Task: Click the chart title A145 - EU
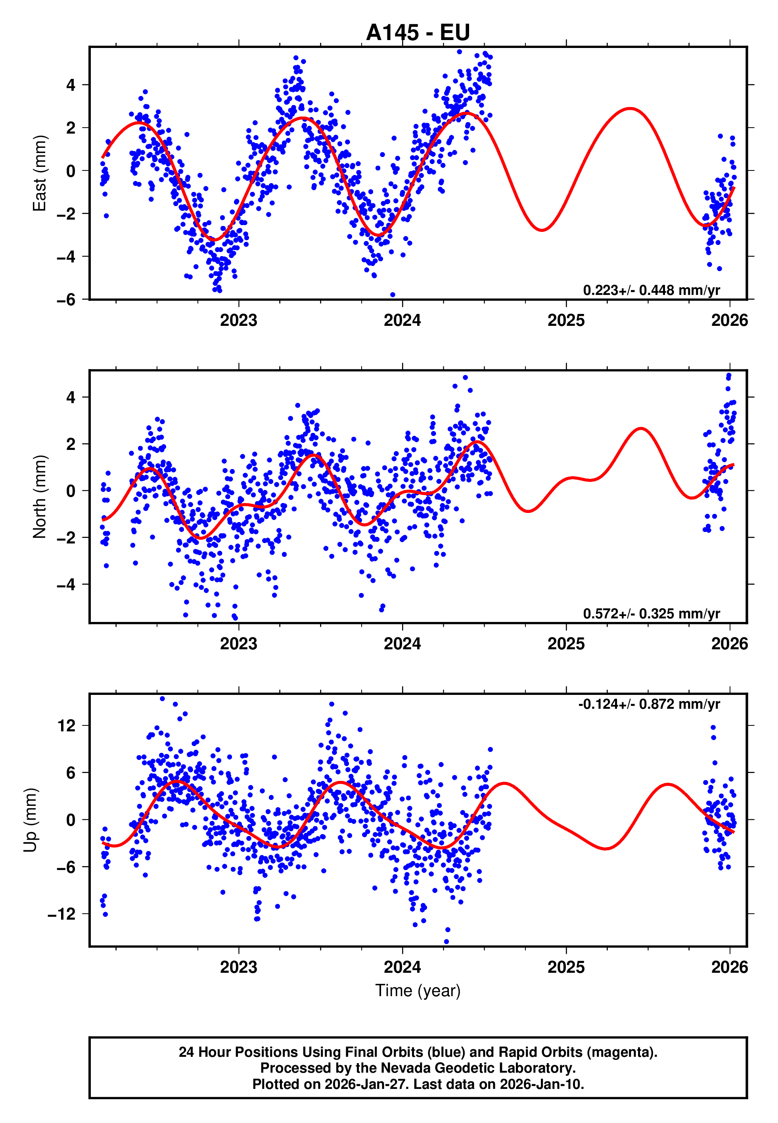418,33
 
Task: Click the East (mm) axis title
40,173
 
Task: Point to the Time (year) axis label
418,991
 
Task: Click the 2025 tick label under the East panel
566,321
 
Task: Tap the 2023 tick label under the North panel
238,644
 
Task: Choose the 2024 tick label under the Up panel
402,967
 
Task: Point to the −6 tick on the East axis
66,300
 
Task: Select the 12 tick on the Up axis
67,726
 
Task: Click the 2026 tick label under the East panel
729,321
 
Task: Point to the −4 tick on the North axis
66,585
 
